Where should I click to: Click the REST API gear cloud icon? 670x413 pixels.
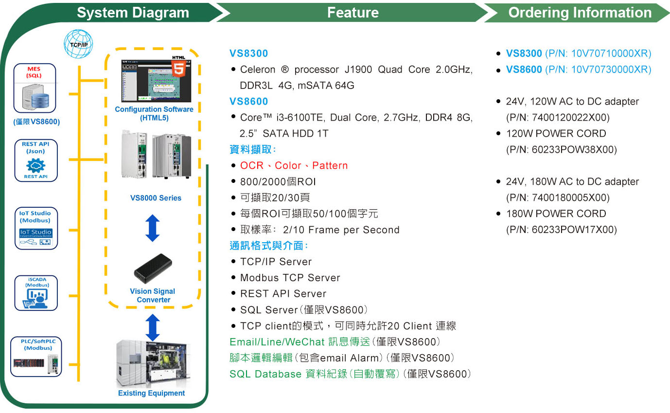[x=35, y=166]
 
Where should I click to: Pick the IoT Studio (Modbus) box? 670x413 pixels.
[x=35, y=229]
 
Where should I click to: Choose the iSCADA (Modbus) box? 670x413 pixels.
[x=35, y=293]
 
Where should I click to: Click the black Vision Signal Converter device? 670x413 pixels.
[x=153, y=269]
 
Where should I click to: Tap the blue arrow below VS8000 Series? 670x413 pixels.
[x=153, y=229]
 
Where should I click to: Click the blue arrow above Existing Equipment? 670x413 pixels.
[x=153, y=327]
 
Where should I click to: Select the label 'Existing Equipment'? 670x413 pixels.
[x=152, y=393]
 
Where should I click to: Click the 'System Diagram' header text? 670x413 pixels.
[x=133, y=13]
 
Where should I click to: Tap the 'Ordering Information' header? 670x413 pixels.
[x=580, y=13]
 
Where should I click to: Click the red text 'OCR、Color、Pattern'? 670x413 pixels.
[x=294, y=165]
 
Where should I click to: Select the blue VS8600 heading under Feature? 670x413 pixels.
[x=249, y=102]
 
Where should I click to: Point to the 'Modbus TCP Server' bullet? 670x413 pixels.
[x=290, y=278]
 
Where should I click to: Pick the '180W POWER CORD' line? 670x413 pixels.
[x=556, y=214]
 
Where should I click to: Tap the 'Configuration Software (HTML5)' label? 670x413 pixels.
[x=154, y=113]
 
